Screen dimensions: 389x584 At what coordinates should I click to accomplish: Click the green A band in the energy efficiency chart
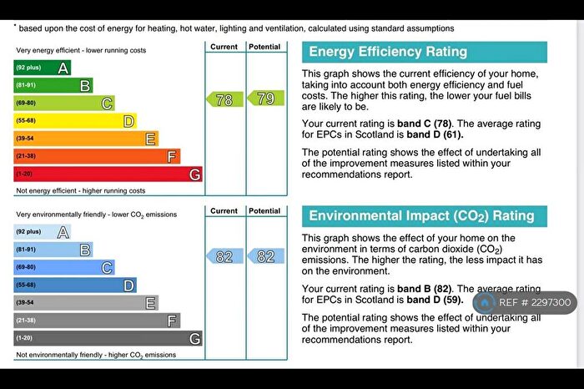43,68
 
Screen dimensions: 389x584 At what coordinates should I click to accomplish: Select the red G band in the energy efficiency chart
108,174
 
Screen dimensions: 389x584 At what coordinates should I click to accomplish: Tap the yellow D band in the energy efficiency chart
75,121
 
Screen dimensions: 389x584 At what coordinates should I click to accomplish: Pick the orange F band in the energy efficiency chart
97,156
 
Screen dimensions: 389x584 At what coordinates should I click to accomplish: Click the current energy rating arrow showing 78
224,99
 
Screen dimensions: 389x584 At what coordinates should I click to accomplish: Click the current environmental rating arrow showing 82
224,256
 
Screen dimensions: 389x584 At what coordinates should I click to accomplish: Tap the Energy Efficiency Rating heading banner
424,52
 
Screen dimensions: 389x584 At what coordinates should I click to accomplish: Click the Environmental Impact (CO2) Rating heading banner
424,215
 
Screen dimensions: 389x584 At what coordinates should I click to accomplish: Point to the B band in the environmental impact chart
53,250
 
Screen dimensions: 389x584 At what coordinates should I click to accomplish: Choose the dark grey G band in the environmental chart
108,338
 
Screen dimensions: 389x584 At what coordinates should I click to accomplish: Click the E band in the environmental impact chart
86,303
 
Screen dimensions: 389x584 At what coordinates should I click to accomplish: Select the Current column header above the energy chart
224,47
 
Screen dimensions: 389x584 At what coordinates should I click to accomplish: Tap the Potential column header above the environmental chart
264,211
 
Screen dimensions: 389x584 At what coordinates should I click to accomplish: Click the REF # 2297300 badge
525,303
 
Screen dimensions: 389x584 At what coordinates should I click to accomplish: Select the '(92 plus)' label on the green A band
28,68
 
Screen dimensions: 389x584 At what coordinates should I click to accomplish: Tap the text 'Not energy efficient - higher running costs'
81,190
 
